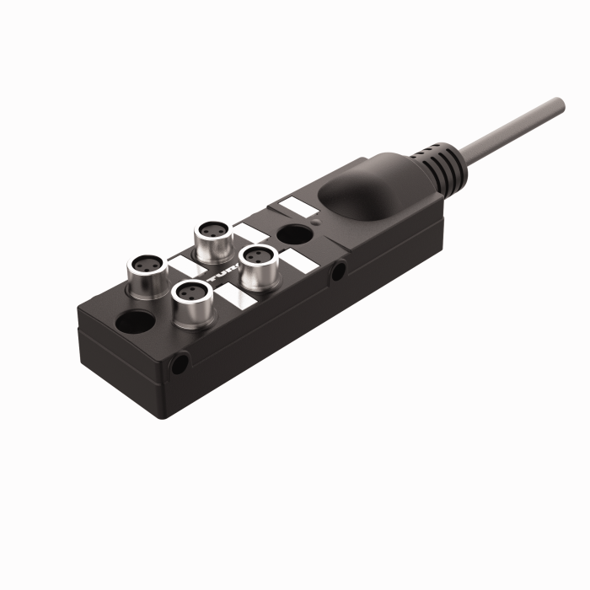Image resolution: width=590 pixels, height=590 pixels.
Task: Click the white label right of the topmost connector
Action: pos(249,233)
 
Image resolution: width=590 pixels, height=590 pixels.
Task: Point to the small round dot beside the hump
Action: pos(314,220)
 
